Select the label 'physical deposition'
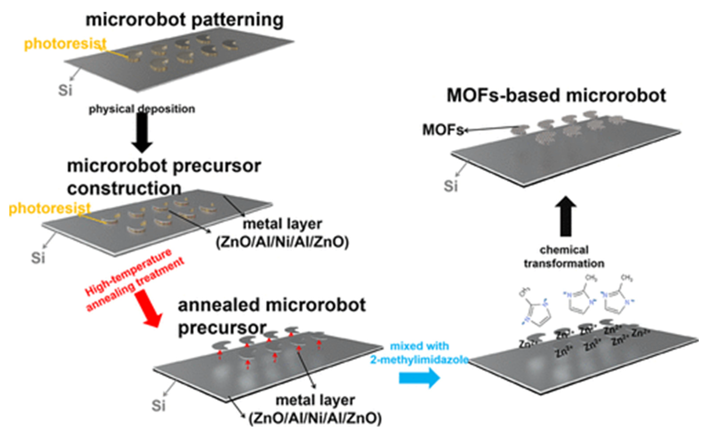tap(142, 109)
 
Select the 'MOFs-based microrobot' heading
tap(556, 95)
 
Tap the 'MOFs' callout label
tap(443, 130)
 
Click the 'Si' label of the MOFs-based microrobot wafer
tap(450, 186)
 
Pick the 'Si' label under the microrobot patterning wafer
tap(65, 90)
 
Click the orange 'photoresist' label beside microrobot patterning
tap(65, 44)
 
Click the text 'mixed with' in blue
tap(419, 346)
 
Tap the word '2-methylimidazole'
tap(419, 360)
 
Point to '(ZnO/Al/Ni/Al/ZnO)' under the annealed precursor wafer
tap(315, 418)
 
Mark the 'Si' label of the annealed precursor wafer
tap(158, 406)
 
